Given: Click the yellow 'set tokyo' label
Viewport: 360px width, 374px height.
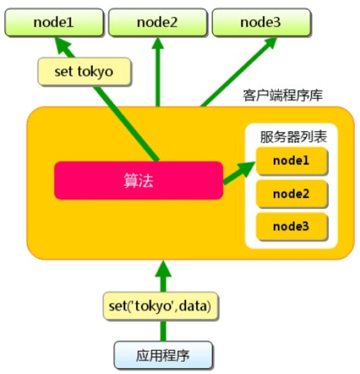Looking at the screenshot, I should coord(84,72).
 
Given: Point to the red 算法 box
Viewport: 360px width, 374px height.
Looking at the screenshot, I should coord(139,180).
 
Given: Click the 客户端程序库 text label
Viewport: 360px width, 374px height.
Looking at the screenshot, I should coord(283,95).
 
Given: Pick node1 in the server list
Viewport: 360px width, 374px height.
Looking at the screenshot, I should coord(291,162).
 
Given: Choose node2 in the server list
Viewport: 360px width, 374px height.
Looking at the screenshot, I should coord(291,193).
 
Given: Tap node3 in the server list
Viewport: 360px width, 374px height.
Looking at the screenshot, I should coord(291,225).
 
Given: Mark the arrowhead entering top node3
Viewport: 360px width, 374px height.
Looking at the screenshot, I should coord(270,43).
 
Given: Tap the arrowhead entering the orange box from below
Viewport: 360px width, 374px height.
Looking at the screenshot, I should coord(164,268).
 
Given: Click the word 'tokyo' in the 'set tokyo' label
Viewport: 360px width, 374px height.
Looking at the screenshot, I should coord(97,72).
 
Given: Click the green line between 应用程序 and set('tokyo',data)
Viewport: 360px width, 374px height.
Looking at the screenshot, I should coord(164,331).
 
